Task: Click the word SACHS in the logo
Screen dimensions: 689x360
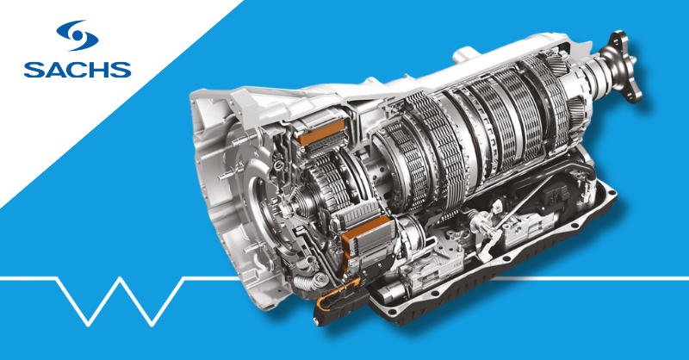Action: pyautogui.click(x=78, y=70)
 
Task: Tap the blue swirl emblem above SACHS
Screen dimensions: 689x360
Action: pyautogui.click(x=78, y=35)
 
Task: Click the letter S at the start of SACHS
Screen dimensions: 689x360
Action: pyautogui.click(x=34, y=70)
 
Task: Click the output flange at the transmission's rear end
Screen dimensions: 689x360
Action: pyautogui.click(x=621, y=66)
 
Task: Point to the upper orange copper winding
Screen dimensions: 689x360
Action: pyautogui.click(x=321, y=132)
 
